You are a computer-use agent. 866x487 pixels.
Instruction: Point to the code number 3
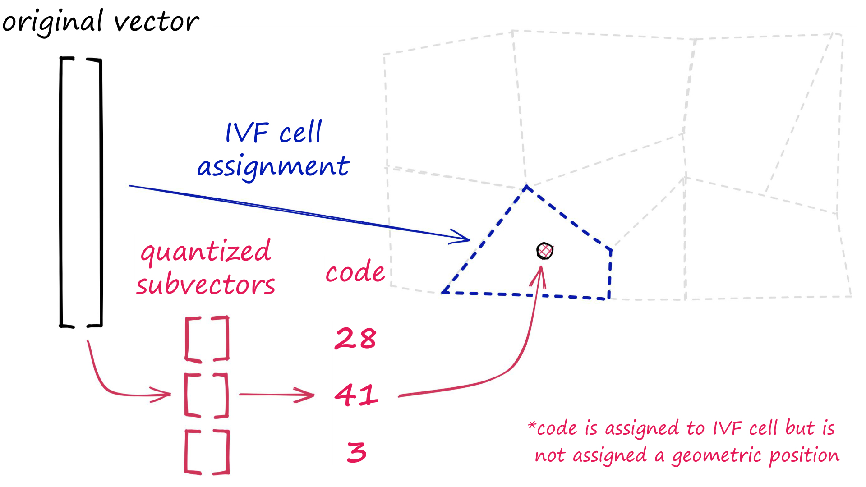coord(357,452)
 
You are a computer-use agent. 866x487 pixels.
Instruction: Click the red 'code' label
coord(355,272)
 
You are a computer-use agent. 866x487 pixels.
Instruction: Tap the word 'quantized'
coord(206,252)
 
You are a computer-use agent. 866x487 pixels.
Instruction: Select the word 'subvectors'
coord(206,285)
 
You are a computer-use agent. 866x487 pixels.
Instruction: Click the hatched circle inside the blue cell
coord(544,251)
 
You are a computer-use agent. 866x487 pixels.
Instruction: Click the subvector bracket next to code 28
coord(207,339)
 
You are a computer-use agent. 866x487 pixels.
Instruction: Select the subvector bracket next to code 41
coord(207,395)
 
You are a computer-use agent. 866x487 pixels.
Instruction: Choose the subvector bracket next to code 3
coord(207,452)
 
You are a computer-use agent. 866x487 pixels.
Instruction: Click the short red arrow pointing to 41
coord(276,395)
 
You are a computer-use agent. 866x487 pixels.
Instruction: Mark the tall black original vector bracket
coord(81,192)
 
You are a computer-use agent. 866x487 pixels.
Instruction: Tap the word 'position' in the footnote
coord(804,456)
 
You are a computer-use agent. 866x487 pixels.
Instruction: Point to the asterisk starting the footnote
coord(532,425)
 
